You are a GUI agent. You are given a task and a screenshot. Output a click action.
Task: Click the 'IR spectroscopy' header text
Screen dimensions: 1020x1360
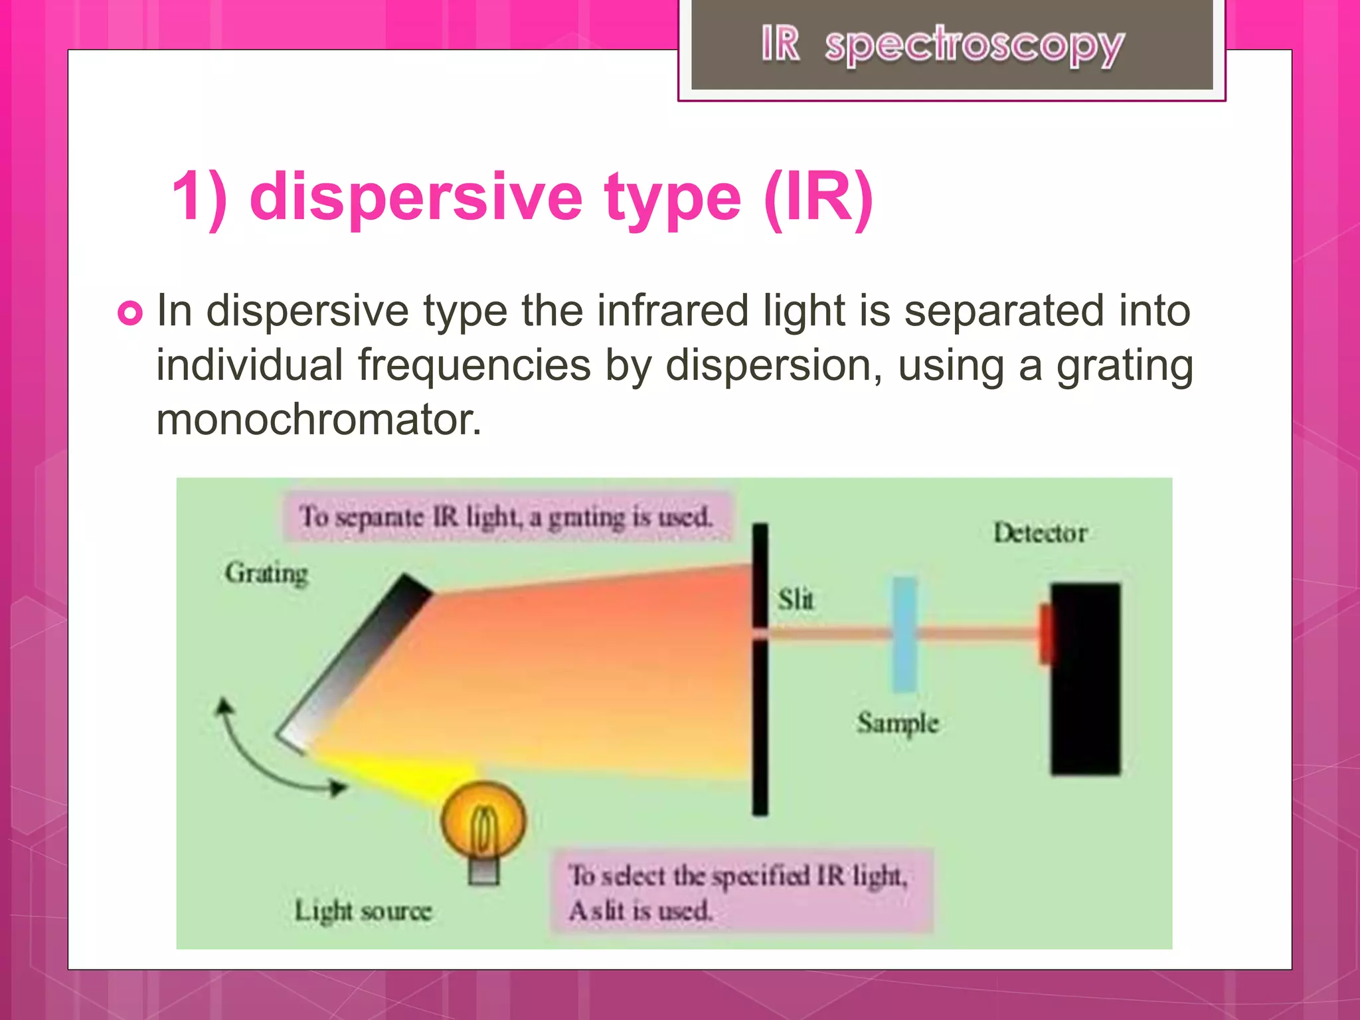942,45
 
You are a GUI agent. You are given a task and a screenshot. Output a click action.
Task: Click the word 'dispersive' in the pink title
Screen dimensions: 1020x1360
416,197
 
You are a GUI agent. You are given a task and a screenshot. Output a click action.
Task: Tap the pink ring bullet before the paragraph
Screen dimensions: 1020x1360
130,313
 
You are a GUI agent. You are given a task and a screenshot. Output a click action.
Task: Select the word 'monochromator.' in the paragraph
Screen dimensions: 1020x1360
319,420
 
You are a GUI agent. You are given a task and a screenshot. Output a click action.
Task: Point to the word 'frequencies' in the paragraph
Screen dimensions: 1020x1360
474,365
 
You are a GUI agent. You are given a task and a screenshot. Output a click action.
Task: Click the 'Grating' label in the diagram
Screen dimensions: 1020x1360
266,572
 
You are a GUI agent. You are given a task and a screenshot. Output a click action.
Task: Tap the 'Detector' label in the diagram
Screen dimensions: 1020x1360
1040,533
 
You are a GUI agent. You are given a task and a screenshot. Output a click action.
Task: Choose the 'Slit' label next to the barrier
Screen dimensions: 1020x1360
796,599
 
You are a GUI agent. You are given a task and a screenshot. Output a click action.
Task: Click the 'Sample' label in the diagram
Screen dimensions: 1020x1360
898,722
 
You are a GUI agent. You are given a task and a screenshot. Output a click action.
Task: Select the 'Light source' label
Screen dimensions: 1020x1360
363,910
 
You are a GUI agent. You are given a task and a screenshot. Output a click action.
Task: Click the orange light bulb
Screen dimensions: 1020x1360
483,822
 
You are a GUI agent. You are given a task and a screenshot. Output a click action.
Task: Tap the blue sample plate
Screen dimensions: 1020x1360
904,634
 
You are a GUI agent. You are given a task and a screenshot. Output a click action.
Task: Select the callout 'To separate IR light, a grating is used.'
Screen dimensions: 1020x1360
506,517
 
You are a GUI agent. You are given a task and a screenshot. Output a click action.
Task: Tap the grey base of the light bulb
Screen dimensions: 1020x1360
483,871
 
